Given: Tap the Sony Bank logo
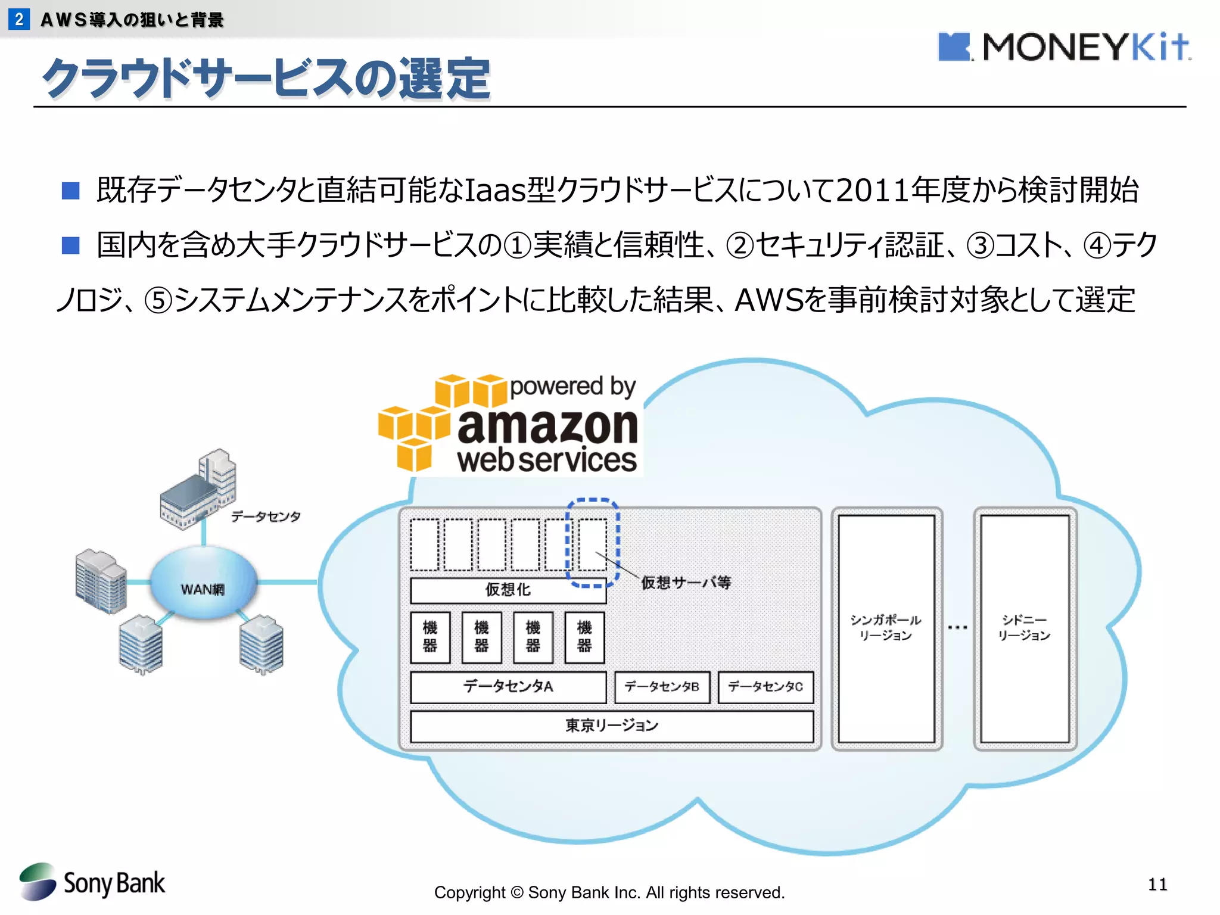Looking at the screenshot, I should [92, 882].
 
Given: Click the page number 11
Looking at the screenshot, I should [1157, 884].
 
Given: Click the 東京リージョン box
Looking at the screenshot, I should [612, 726].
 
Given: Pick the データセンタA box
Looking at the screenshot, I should [508, 687].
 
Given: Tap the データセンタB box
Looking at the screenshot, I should [662, 687].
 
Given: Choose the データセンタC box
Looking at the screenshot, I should [765, 687].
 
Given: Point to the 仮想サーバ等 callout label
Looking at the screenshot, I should [686, 582].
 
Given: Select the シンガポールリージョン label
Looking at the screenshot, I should [886, 627].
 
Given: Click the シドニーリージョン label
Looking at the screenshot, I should [1024, 627].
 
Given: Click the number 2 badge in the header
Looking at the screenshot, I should [19, 19].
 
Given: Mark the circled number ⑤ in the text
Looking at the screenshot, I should [158, 300].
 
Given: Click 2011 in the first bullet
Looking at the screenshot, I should [872, 190].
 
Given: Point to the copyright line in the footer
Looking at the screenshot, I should [609, 892].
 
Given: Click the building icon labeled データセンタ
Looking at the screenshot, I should [200, 488].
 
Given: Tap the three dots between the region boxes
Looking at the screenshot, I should [957, 627].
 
